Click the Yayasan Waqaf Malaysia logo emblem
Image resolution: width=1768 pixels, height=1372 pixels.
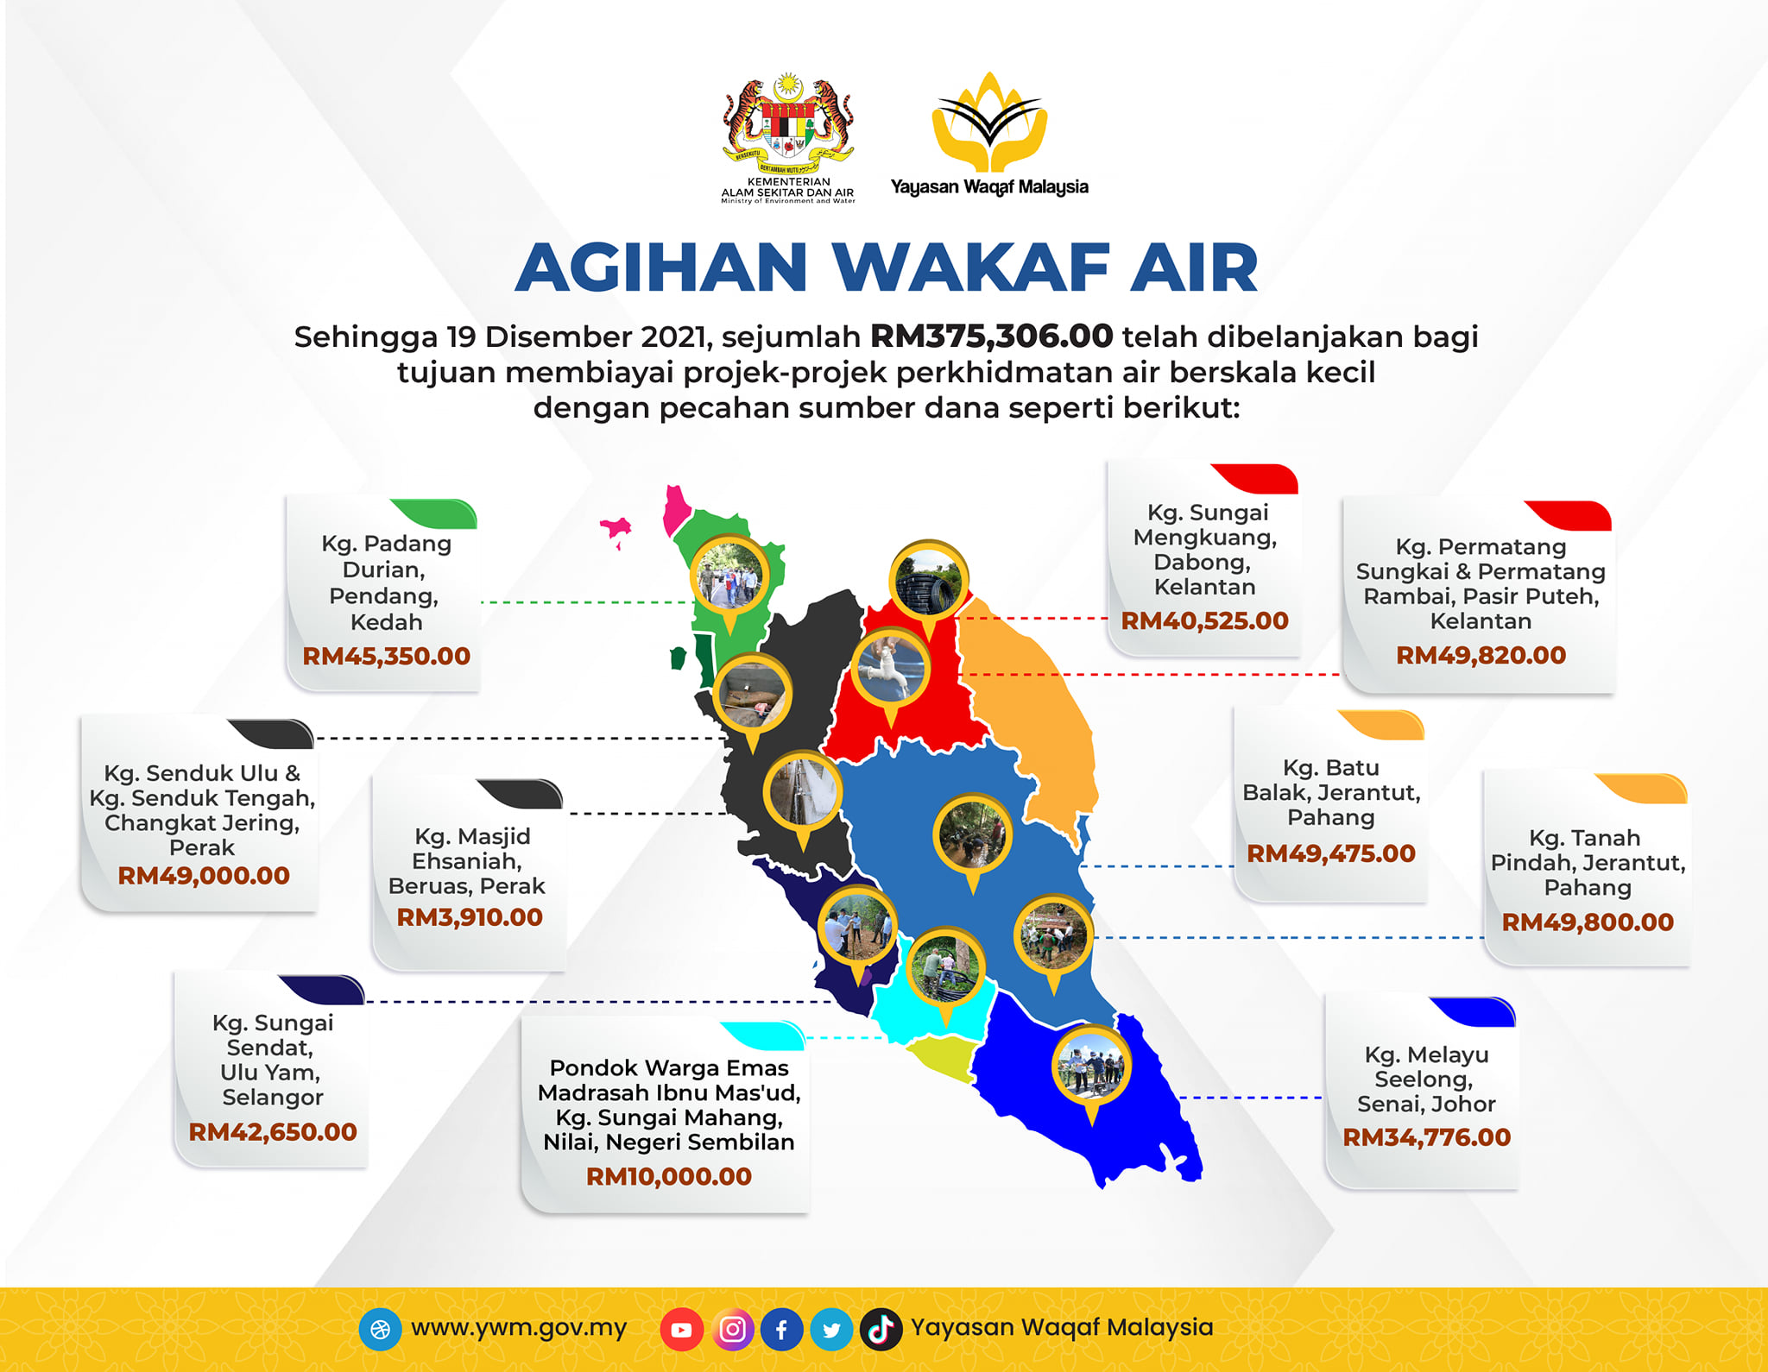pyautogui.click(x=989, y=122)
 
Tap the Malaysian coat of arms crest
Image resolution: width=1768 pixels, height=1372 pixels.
pyautogui.click(x=788, y=122)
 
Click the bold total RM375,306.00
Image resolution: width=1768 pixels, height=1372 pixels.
pyautogui.click(x=991, y=336)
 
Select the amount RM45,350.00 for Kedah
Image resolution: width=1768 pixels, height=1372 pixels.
pyautogui.click(x=386, y=656)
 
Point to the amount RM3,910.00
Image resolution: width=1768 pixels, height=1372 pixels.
pyautogui.click(x=470, y=917)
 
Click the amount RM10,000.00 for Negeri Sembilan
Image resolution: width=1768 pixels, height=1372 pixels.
pyautogui.click(x=669, y=1176)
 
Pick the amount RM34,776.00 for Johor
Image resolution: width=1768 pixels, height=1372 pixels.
pyautogui.click(x=1427, y=1137)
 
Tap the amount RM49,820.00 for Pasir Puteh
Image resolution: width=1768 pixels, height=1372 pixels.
pyautogui.click(x=1481, y=655)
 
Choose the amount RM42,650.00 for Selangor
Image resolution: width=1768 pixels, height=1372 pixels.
pyautogui.click(x=273, y=1132)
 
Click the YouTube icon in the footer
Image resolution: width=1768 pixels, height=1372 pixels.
pyautogui.click(x=681, y=1330)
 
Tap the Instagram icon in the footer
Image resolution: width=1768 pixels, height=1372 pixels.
pyautogui.click(x=732, y=1330)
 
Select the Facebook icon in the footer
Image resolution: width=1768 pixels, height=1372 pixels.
pyautogui.click(x=781, y=1330)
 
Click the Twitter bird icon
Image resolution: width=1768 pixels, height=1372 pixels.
pyautogui.click(x=831, y=1330)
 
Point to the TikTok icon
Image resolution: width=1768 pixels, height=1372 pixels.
pyautogui.click(x=881, y=1330)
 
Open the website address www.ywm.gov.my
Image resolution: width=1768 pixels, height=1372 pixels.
pyautogui.click(x=519, y=1328)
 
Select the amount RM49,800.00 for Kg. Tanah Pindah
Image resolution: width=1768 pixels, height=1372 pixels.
pyautogui.click(x=1588, y=922)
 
